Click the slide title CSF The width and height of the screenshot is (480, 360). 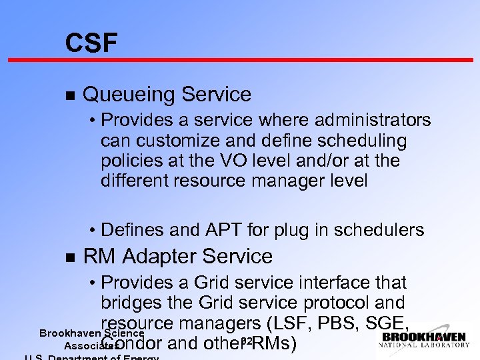(x=91, y=43)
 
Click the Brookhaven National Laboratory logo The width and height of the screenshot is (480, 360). (x=423, y=339)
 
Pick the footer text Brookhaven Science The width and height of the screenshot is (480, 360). (x=91, y=333)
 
